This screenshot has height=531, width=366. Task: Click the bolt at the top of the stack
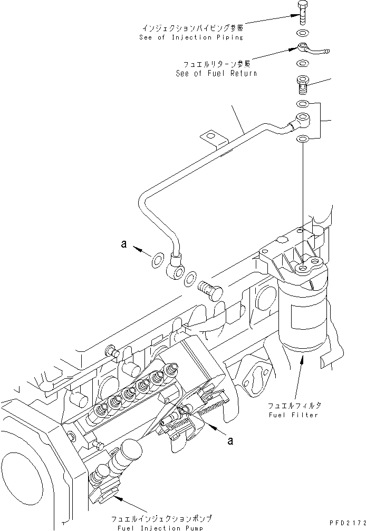[x=303, y=12]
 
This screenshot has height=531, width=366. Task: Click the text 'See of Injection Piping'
[x=191, y=37]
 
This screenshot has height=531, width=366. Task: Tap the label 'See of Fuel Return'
[x=216, y=74]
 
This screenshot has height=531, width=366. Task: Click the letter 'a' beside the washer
[x=124, y=244]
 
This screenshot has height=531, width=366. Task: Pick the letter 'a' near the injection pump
[x=229, y=440]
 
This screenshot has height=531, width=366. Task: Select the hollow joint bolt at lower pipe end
[x=210, y=288]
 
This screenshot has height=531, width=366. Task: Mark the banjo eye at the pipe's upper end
[x=303, y=118]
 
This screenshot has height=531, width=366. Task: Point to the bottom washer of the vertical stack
[x=303, y=139]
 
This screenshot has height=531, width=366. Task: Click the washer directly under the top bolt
[x=303, y=33]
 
